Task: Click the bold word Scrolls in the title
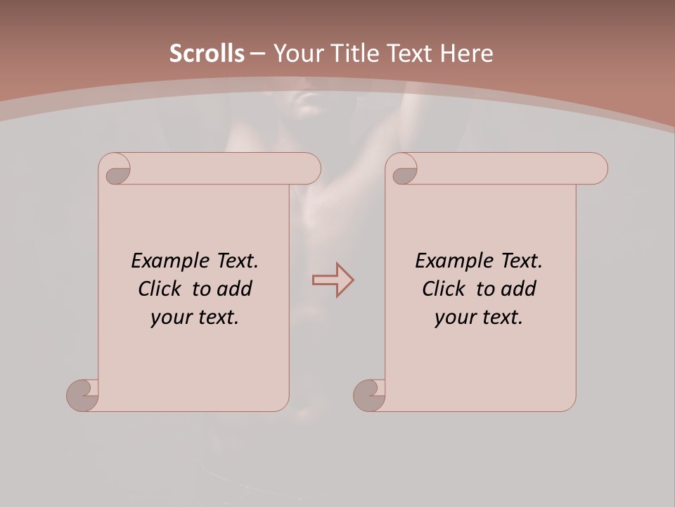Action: coord(207,54)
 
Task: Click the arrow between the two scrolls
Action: coord(333,280)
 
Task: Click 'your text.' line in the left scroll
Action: coord(195,318)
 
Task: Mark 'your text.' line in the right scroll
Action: coord(479,318)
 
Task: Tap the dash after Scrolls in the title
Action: coord(257,54)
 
